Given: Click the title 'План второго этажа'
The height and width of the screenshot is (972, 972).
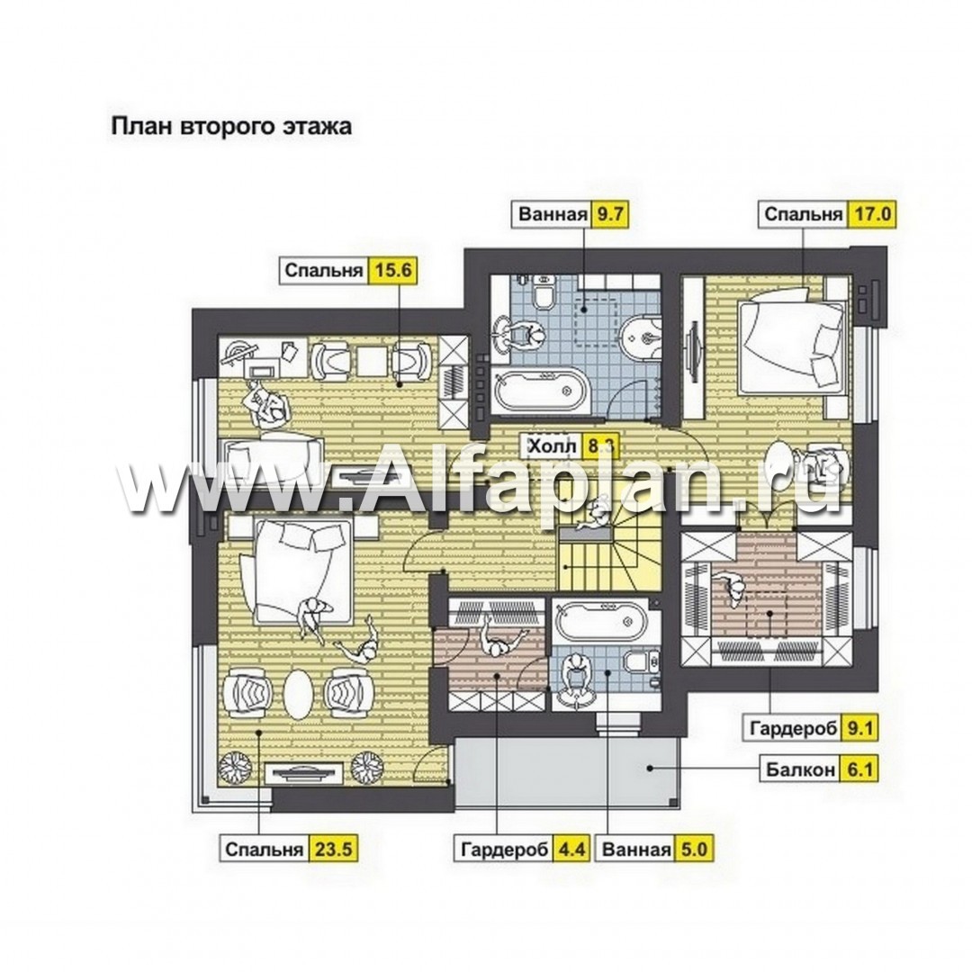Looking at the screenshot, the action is (x=231, y=126).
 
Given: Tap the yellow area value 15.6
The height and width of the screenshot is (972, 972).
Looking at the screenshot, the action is (x=391, y=271).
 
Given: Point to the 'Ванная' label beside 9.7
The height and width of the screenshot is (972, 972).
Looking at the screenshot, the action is (x=553, y=214).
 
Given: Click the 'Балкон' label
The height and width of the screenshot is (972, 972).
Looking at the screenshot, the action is (x=800, y=769).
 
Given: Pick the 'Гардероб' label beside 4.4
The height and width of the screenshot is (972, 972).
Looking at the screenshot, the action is (x=504, y=849).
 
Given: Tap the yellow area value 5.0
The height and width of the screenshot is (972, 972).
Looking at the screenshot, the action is (x=693, y=849).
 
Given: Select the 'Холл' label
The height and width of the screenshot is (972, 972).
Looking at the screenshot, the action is (x=552, y=446).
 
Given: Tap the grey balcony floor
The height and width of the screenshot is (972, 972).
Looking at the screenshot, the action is (x=567, y=769).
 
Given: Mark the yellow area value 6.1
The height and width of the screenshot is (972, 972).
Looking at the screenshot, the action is (x=859, y=769).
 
